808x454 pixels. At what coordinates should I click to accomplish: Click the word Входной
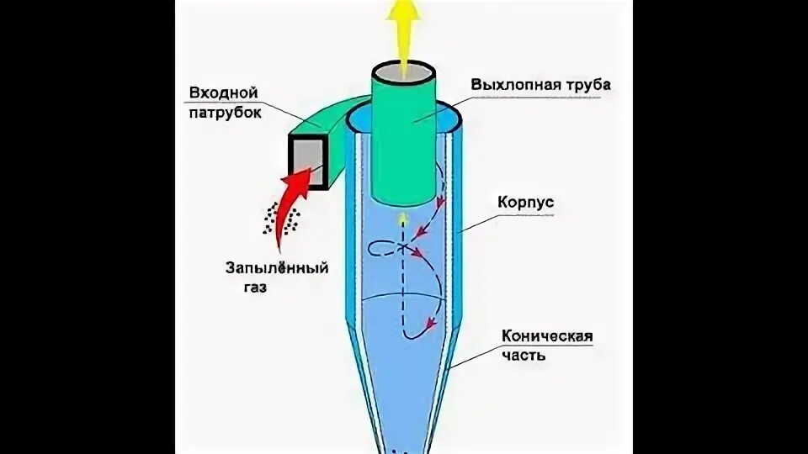[x=225, y=91]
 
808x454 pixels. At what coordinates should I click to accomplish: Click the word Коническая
[x=548, y=336]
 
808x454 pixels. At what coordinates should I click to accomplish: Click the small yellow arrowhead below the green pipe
[x=403, y=219]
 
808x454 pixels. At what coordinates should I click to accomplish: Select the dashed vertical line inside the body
[x=403, y=286]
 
